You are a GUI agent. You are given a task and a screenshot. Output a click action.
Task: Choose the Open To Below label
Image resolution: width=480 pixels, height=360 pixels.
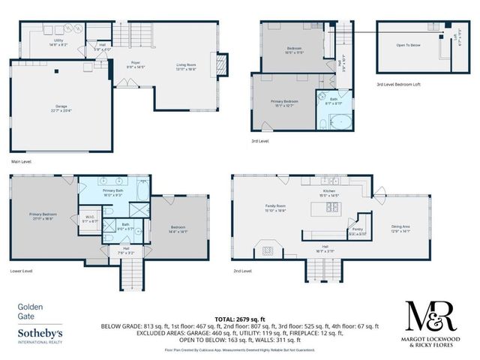point(409,44)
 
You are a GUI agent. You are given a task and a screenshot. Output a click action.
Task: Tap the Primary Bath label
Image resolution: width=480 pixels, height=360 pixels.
point(113,193)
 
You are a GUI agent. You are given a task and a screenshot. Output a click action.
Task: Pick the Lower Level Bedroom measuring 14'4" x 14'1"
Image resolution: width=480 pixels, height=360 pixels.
point(178,229)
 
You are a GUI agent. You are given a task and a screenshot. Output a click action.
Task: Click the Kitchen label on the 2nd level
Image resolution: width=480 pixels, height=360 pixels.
point(331,193)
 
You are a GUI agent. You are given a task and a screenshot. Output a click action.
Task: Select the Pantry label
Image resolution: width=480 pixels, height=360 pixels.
point(358,232)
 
